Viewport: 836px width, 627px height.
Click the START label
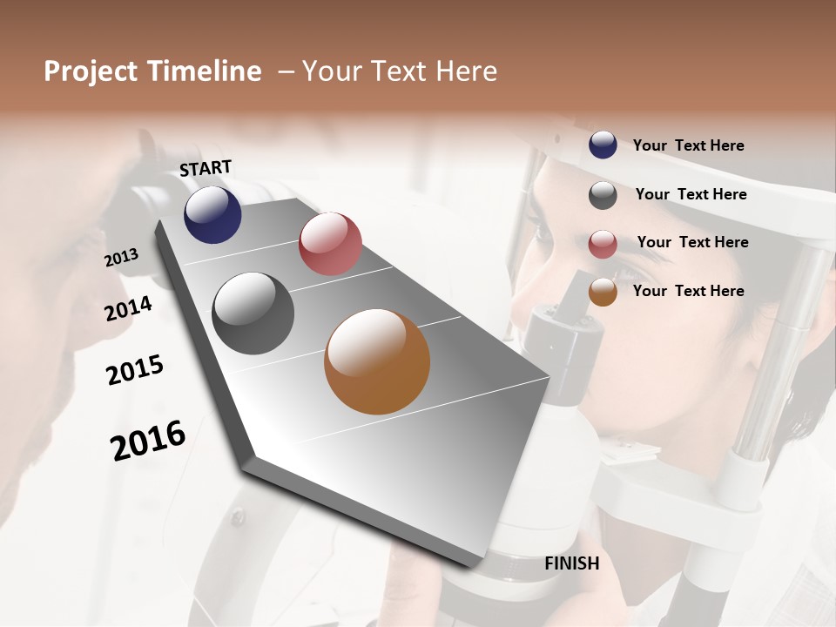[x=206, y=168]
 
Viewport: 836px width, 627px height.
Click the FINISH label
[x=571, y=563]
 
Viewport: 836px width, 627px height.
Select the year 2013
[x=121, y=258]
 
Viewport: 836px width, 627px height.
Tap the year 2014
[x=128, y=308]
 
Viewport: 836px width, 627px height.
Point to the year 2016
[x=148, y=440]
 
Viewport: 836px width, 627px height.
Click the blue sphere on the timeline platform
[x=212, y=214]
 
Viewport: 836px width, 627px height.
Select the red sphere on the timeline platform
[x=330, y=244]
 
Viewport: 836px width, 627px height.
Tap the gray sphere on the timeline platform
[x=253, y=313]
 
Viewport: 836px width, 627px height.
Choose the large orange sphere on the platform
[x=377, y=361]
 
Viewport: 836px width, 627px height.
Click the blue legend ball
[x=603, y=145]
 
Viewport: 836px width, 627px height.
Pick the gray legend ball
[x=603, y=195]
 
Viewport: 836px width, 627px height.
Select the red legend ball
[x=603, y=244]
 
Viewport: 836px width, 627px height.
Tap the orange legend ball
[x=603, y=292]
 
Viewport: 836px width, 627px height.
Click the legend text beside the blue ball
[x=688, y=145]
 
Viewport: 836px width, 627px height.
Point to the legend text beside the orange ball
[x=688, y=291]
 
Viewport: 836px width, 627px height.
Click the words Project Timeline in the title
[x=152, y=71]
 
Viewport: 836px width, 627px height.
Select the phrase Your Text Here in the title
[x=400, y=71]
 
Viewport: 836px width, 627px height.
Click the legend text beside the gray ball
[x=691, y=194]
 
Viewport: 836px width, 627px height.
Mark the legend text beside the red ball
[x=692, y=242]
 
